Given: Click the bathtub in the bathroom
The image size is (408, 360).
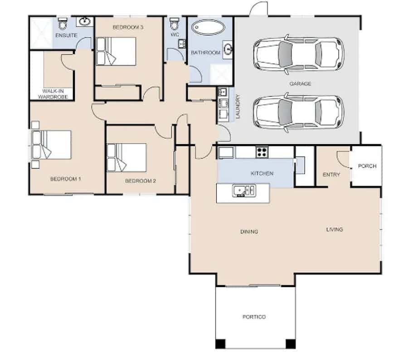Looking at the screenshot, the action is point(208,27).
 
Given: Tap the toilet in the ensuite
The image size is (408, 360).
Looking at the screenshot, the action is point(63,24).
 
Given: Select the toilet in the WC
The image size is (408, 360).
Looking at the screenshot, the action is point(175,24).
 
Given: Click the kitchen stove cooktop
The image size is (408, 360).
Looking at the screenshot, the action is point(262,152).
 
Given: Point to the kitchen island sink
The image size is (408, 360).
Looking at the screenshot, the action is point(244,191).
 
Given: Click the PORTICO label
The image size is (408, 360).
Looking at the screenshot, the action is point(254,317).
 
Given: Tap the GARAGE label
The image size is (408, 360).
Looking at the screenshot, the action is point(300,83).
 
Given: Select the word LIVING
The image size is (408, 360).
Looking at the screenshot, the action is point(335,229).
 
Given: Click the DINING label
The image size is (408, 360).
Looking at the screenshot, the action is point(249,231).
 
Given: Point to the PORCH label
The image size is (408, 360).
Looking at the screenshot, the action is point(367,166).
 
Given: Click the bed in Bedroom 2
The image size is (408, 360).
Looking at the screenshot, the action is point(127,157).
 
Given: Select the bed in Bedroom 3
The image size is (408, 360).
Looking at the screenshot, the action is point(116,51).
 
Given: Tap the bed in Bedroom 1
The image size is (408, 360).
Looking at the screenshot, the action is point(51,145).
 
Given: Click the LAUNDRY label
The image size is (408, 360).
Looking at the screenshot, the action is point(238,107).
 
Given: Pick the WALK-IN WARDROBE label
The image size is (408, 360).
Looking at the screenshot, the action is point(53,94).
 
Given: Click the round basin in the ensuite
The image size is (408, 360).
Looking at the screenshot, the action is point(85,22).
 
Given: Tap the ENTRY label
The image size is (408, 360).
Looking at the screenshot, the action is point(331,175).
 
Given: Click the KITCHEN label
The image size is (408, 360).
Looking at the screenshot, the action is point(262,173).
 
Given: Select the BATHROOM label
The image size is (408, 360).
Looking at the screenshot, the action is point(205,53).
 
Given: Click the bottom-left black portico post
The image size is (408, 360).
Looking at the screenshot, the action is point(220,344).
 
